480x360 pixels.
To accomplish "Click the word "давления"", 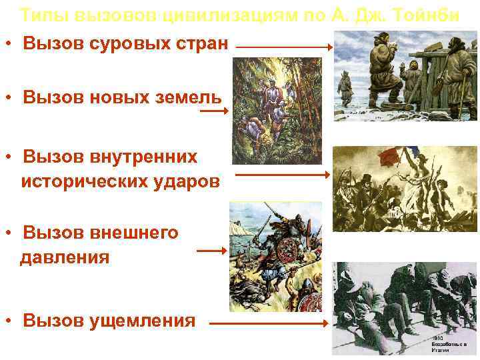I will [x=65, y=257].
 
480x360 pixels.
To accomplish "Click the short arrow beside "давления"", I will [x=212, y=251].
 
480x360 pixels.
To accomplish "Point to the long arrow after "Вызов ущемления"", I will [x=271, y=324].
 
